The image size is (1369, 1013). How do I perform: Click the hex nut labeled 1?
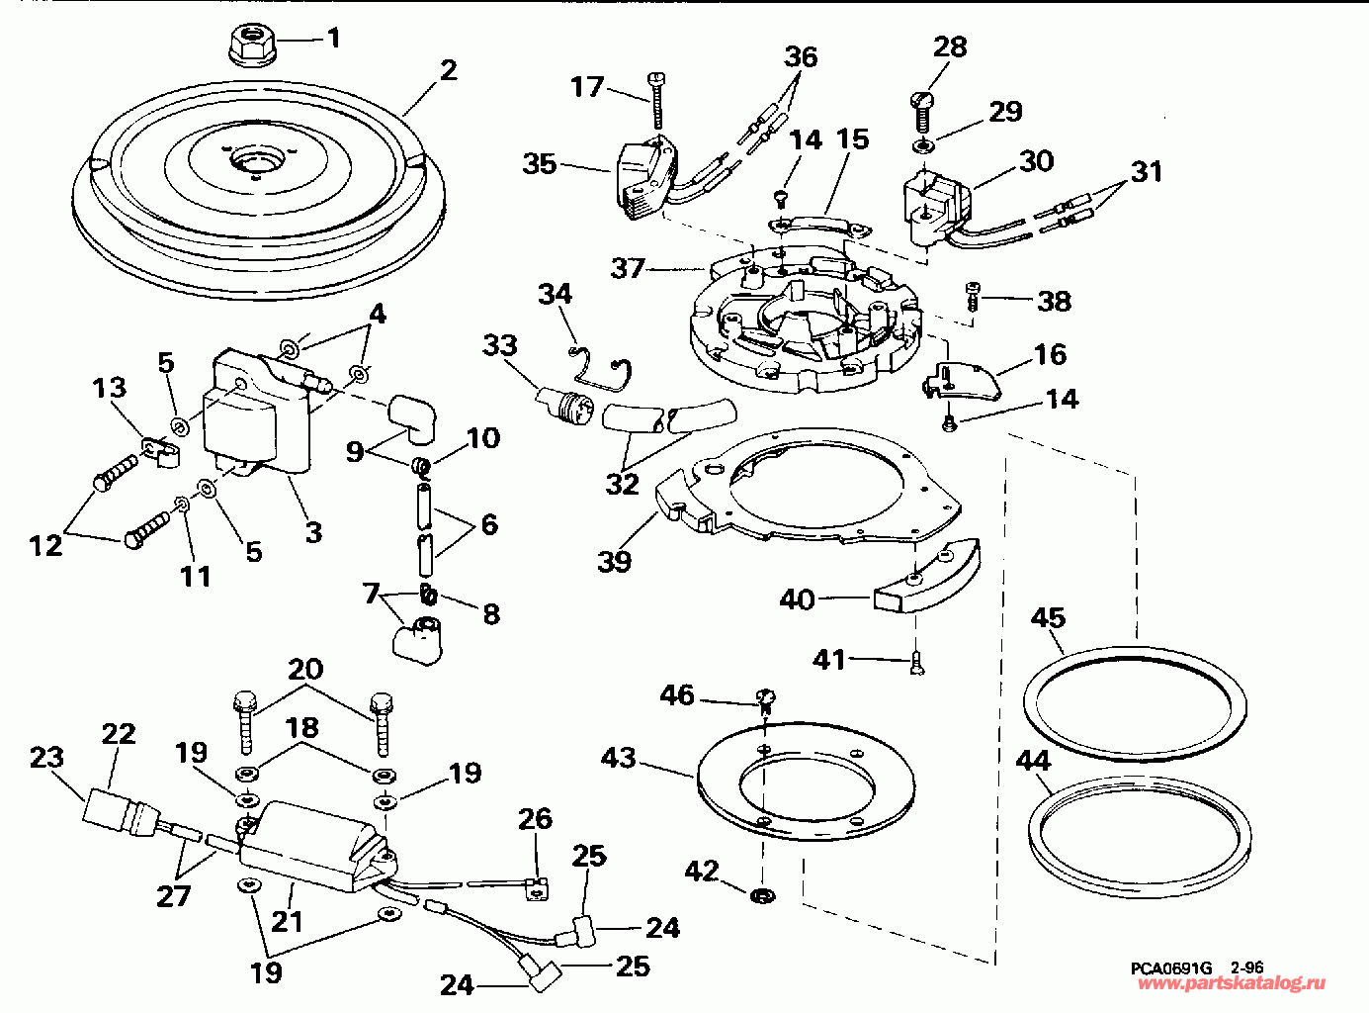(x=251, y=43)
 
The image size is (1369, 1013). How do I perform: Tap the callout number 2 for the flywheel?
(x=448, y=70)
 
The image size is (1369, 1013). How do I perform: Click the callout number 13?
(x=110, y=388)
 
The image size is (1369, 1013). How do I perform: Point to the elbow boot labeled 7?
(x=420, y=635)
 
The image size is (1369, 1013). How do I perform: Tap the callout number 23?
(x=45, y=758)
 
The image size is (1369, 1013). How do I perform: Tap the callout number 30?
(x=1037, y=160)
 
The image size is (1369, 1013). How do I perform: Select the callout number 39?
(x=614, y=562)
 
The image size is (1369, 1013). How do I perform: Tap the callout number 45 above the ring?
(x=1048, y=618)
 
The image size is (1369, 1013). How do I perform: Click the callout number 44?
(x=1033, y=760)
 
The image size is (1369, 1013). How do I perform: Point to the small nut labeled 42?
(x=762, y=897)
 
